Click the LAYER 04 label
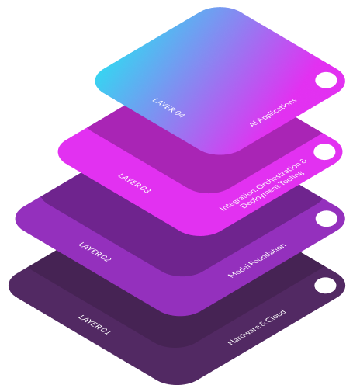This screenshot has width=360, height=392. click(x=169, y=108)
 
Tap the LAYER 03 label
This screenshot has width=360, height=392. click(x=134, y=183)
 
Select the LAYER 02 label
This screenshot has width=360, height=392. click(x=95, y=252)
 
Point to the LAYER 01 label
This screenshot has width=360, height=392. click(x=95, y=324)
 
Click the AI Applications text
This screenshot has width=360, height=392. click(x=273, y=113)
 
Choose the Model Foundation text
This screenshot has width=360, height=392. click(x=257, y=260)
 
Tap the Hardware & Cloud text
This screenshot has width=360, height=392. click(x=257, y=327)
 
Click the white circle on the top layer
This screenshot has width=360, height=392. click(x=326, y=80)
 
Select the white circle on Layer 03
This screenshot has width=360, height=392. click(x=324, y=152)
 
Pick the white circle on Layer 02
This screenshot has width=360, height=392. click(x=327, y=218)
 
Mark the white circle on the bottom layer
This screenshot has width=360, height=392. click(x=325, y=286)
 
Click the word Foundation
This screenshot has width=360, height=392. click(x=268, y=254)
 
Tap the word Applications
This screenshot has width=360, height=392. click(x=277, y=109)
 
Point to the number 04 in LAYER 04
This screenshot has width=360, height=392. click(x=179, y=113)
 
